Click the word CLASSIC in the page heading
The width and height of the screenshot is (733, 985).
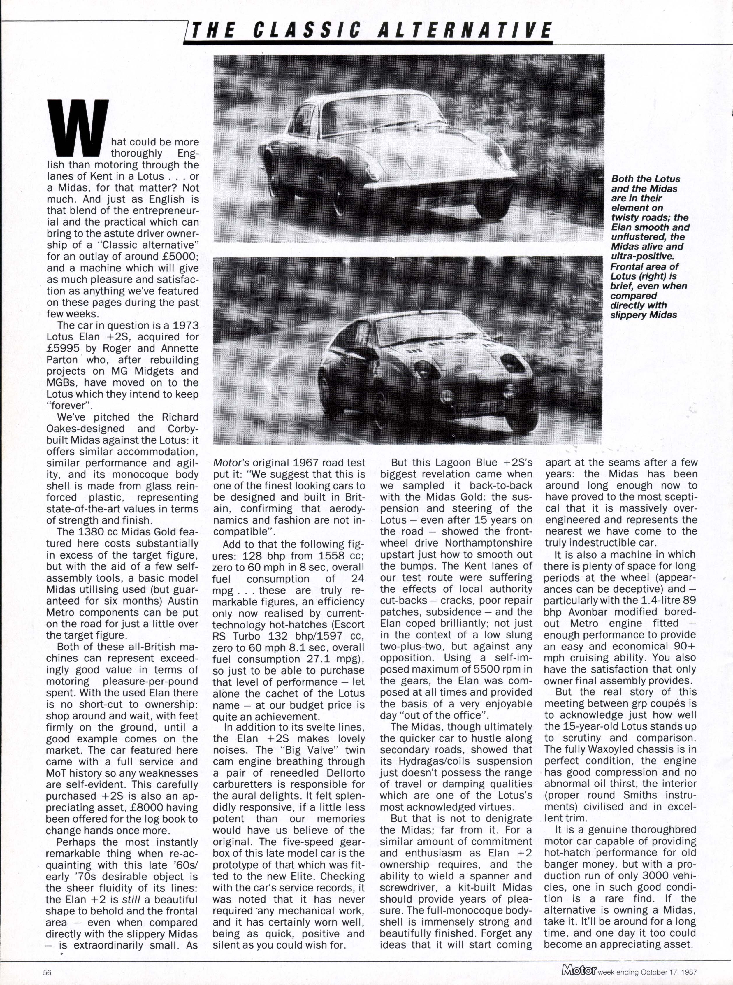click(307, 31)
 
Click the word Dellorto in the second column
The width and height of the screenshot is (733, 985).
click(345, 772)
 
